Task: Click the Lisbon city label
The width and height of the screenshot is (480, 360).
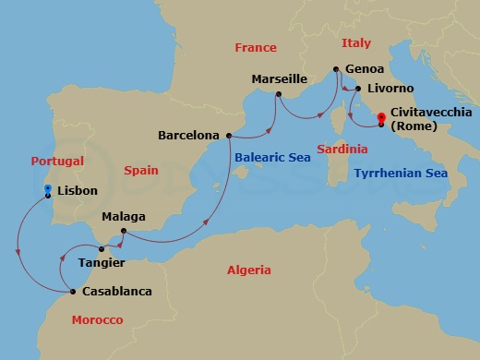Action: pos(76,192)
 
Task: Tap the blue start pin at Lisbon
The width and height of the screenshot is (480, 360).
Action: pos(48,189)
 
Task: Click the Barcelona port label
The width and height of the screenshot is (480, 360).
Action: pos(188,135)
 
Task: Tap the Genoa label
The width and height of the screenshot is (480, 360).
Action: pos(362,68)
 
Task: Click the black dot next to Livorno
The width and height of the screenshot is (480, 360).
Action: pos(358,90)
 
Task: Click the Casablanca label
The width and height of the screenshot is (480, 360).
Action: pos(116,292)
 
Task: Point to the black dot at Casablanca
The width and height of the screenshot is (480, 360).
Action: pos(72,292)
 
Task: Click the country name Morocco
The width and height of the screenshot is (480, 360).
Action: pos(98,319)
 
